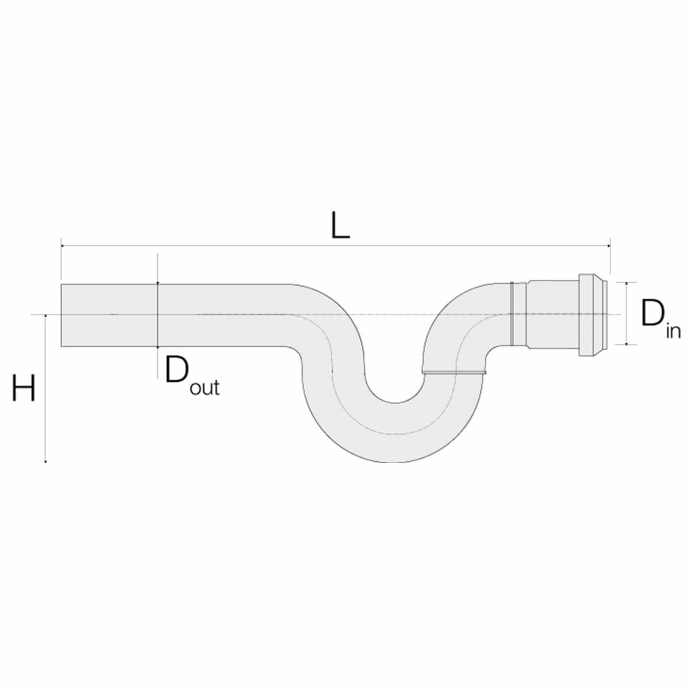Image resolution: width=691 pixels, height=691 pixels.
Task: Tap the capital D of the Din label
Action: click(x=651, y=314)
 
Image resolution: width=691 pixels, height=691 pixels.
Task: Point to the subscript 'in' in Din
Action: click(x=672, y=332)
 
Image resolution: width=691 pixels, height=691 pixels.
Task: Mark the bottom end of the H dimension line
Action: click(x=45, y=462)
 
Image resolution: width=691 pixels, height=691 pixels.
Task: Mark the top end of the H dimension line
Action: click(x=45, y=315)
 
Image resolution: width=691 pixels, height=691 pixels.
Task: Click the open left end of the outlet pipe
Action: click(x=62, y=315)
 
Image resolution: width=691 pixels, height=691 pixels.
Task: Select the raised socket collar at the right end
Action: click(x=592, y=314)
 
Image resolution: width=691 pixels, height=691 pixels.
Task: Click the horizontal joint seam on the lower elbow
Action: click(x=453, y=373)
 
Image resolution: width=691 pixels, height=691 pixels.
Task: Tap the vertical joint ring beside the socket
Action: click(x=511, y=314)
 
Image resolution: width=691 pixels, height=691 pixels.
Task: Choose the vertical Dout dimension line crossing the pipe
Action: click(x=157, y=315)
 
